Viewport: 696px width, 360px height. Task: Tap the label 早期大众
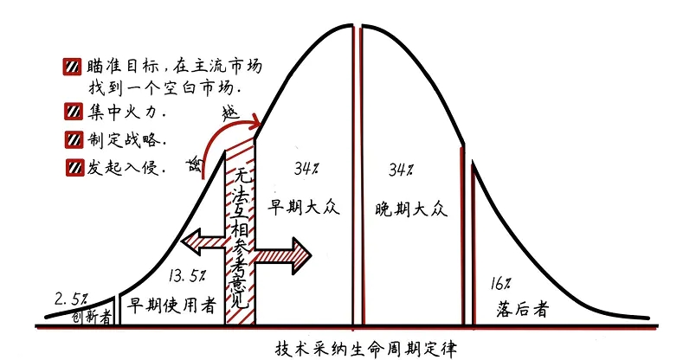299,208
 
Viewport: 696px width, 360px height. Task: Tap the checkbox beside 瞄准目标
72,67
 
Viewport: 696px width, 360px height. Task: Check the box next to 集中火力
72,112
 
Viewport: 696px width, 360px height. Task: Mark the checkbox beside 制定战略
72,139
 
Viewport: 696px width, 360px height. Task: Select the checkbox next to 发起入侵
72,167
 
